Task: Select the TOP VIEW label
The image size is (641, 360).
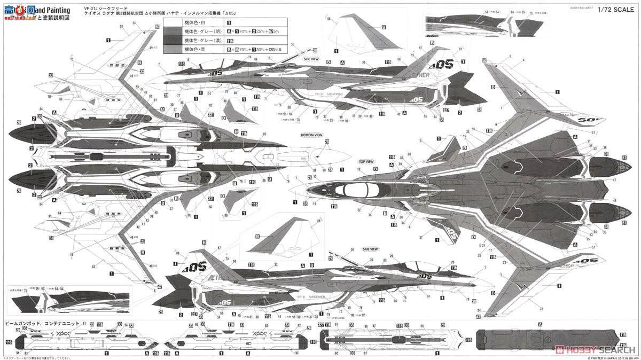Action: [x=366, y=161]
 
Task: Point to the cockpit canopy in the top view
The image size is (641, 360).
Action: [x=356, y=189]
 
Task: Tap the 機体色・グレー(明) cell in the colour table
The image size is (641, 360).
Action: [x=203, y=32]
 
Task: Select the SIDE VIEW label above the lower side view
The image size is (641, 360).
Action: [x=370, y=249]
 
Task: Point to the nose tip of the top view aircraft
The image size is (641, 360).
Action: [x=290, y=189]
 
